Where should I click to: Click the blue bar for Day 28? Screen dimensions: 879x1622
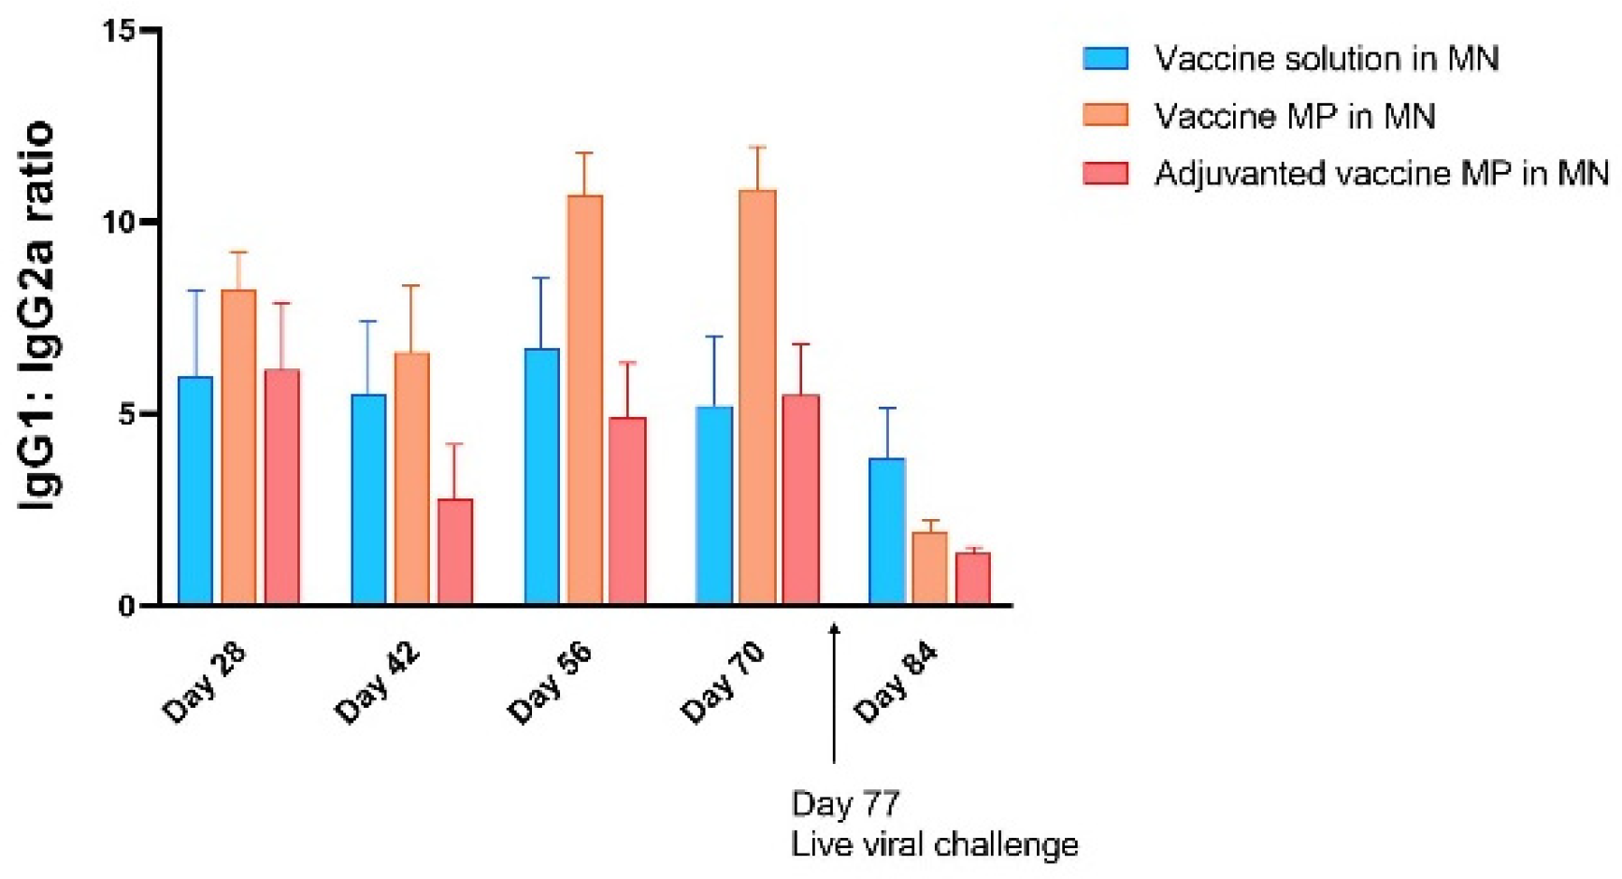point(195,491)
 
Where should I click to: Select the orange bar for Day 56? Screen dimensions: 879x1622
point(585,400)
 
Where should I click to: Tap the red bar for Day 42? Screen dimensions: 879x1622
point(455,552)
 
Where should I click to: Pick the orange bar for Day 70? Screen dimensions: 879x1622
point(757,397)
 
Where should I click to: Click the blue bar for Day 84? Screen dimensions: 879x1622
point(887,531)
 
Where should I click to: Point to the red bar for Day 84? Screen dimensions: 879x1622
point(972,579)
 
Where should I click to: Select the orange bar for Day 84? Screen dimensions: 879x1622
point(930,569)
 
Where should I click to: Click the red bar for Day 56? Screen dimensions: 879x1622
point(627,511)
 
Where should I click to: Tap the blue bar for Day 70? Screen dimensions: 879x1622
point(714,505)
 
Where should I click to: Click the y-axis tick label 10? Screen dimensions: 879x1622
point(119,223)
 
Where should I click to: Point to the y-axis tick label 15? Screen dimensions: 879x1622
point(119,31)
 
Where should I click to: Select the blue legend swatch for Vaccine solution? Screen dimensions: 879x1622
point(1105,58)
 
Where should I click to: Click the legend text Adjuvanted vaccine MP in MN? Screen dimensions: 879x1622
point(1381,174)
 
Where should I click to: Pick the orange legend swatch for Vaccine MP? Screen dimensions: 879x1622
point(1105,115)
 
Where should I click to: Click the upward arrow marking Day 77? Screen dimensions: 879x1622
point(835,692)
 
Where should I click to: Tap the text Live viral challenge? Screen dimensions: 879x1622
point(934,844)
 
